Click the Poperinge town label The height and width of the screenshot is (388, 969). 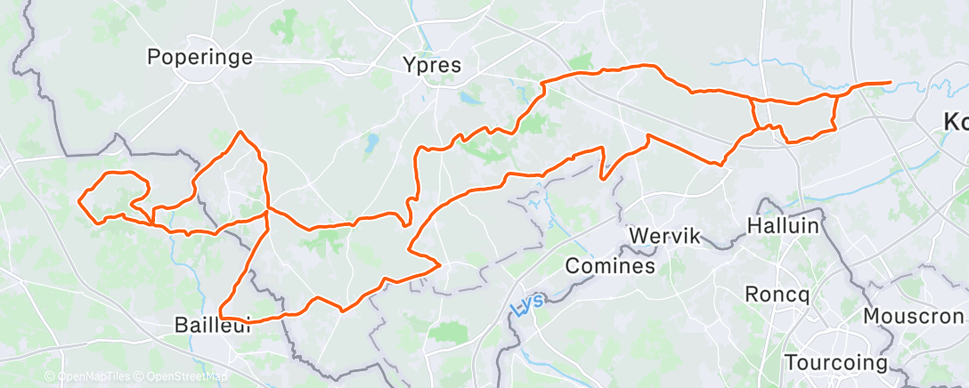200,58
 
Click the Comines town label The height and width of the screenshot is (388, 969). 612,265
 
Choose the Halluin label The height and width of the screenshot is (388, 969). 783,226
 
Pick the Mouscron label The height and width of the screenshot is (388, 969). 914,316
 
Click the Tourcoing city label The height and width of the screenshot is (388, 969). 836,363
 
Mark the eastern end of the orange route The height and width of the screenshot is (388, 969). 890,83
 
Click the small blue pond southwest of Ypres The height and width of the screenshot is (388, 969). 371,141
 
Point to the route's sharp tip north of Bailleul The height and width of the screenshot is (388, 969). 240,133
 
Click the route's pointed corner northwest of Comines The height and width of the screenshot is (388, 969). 440,264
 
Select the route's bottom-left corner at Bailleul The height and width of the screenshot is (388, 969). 222,317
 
